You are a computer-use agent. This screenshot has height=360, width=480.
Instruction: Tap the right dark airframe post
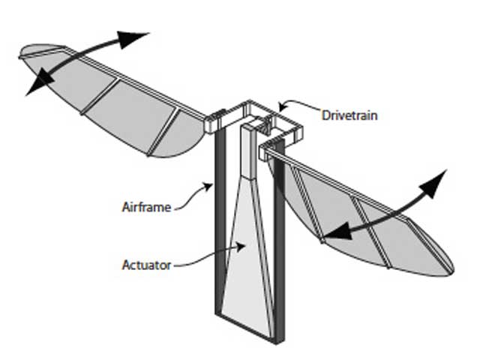279,240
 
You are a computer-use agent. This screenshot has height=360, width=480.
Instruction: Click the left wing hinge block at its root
214,122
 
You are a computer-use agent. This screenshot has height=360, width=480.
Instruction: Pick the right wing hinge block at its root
266,152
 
